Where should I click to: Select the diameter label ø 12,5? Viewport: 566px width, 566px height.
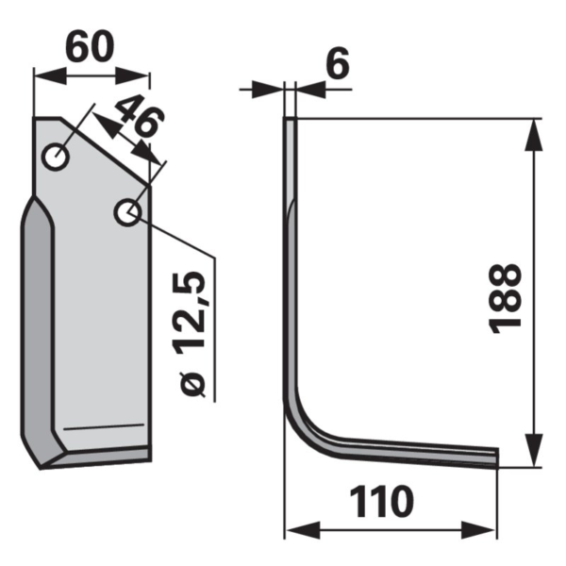191,335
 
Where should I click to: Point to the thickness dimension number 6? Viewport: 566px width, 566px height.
338,63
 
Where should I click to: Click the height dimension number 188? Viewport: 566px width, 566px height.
505,298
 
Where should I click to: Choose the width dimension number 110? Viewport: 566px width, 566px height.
382,502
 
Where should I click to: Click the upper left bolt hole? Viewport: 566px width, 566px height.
57,158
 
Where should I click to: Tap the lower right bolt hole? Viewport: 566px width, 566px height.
126,212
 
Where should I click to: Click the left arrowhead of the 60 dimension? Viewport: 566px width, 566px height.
50,75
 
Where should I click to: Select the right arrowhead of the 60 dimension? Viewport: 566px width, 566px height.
132,75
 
